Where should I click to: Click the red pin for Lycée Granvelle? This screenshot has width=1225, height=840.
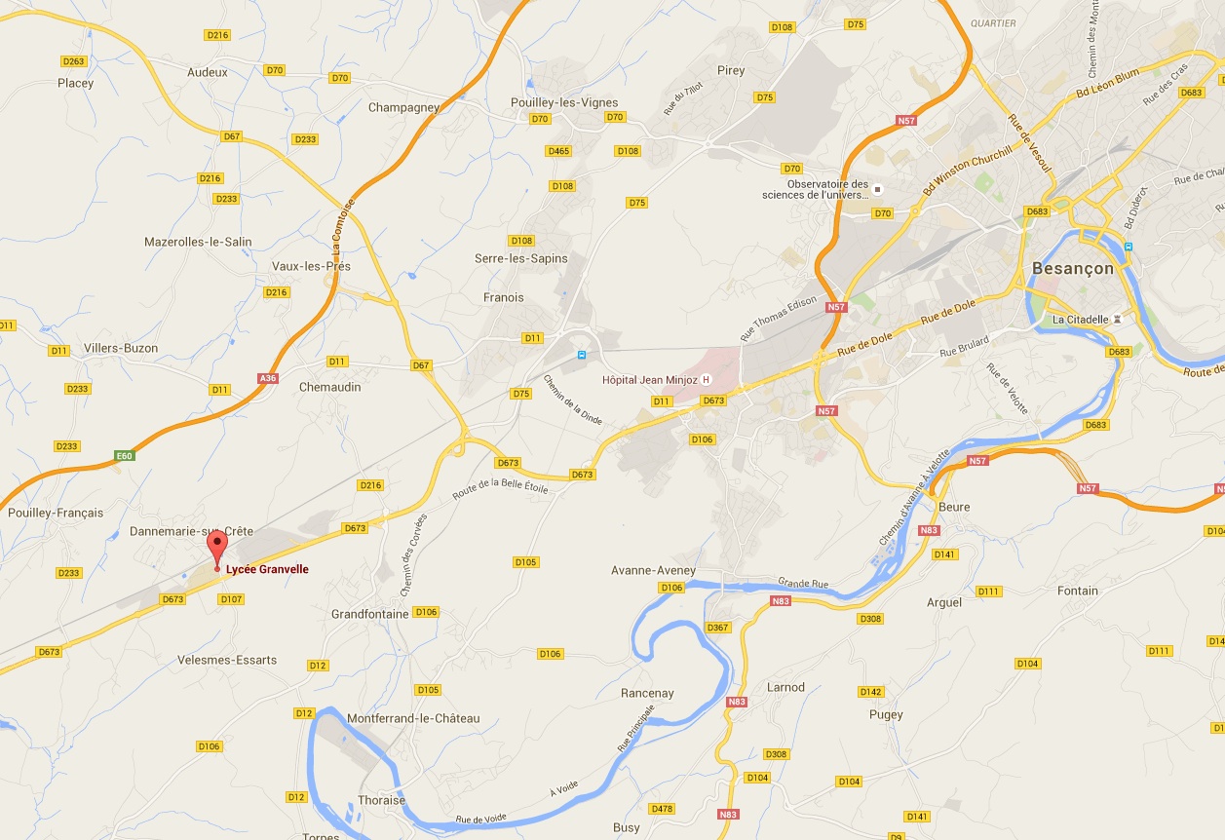[x=216, y=548]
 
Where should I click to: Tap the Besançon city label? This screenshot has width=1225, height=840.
[x=1072, y=268]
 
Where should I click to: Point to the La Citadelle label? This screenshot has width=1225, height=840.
[x=1080, y=320]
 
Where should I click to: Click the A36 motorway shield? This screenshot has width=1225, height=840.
[x=268, y=378]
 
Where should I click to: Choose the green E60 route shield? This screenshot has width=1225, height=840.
[x=123, y=456]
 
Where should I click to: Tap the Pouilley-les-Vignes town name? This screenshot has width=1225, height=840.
[x=564, y=102]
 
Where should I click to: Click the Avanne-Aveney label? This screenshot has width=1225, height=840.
[x=653, y=570]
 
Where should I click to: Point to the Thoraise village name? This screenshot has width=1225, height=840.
[x=381, y=800]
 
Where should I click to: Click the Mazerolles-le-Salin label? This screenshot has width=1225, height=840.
[x=198, y=242]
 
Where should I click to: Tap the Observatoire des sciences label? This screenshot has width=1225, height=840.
[x=815, y=189]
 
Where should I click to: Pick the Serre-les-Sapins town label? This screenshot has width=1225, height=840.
[x=520, y=258]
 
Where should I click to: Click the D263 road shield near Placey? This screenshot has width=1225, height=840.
[x=74, y=61]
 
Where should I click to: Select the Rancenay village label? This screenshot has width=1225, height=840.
[x=647, y=694]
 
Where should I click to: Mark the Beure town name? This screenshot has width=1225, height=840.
[x=954, y=508]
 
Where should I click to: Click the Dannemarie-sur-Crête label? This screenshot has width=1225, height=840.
[x=191, y=531]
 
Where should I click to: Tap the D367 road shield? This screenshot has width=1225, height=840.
[x=717, y=627]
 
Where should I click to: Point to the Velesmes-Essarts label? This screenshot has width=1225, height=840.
[x=227, y=660]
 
